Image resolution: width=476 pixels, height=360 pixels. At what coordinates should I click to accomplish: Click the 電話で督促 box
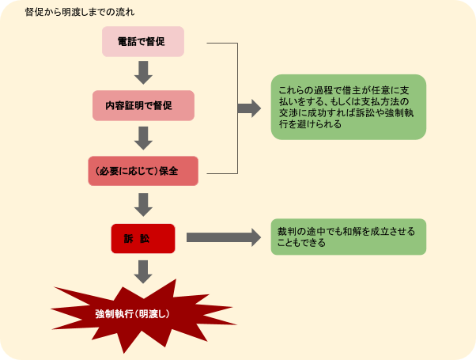tap(143, 41)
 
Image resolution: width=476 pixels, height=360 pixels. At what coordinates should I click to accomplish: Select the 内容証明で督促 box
tap(143, 105)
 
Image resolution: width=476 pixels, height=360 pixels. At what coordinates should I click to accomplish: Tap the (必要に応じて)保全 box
tap(143, 171)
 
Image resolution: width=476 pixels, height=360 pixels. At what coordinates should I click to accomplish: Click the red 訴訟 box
tap(143, 237)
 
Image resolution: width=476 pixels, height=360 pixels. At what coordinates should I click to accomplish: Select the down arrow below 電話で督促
tap(143, 73)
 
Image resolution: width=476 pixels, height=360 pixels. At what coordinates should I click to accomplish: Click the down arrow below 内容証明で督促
tap(143, 138)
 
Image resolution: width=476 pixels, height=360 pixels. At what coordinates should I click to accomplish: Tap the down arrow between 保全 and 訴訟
tap(143, 204)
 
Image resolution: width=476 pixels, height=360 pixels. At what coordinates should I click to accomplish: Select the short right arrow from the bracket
tap(250, 108)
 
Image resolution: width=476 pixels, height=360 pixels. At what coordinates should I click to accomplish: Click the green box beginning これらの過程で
tap(348, 107)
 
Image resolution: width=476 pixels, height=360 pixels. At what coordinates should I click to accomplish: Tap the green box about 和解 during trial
tap(348, 237)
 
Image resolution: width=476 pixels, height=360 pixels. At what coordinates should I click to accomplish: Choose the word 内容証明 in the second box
tap(127, 105)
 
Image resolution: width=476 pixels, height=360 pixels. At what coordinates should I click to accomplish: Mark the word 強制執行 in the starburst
tap(113, 313)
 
